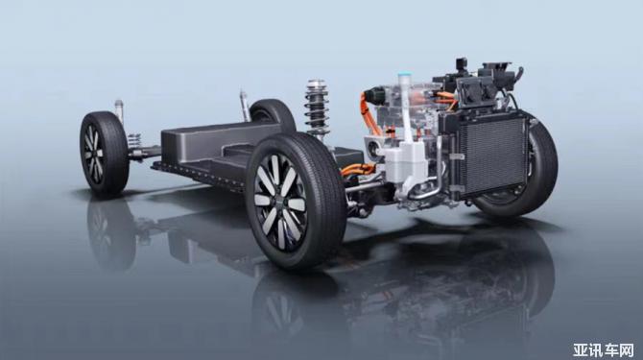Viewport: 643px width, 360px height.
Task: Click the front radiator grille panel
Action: pos(491,156)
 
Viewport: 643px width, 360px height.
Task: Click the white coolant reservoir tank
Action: pos(405,162)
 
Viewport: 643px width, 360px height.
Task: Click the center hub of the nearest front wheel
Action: pos(280,201)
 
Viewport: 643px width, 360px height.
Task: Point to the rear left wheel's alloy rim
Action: pos(94,154)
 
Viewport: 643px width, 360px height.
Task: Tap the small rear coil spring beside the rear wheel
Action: pos(134,140)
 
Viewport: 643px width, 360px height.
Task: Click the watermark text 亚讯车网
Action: pos(604,349)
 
